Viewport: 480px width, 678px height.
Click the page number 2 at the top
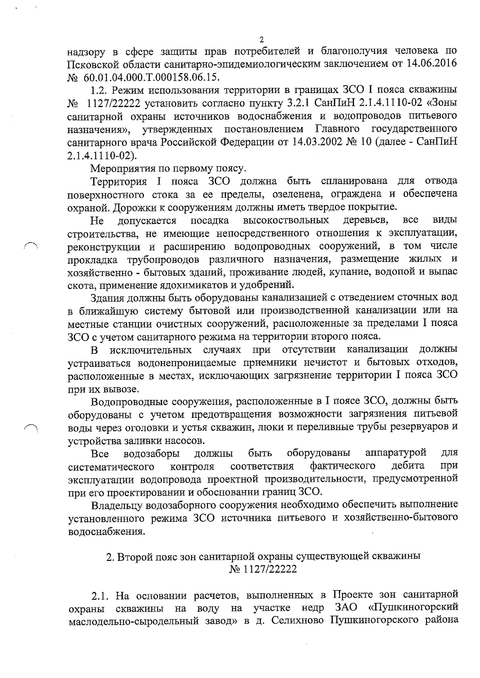(x=262, y=40)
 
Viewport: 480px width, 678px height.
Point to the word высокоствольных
(x=286, y=220)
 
